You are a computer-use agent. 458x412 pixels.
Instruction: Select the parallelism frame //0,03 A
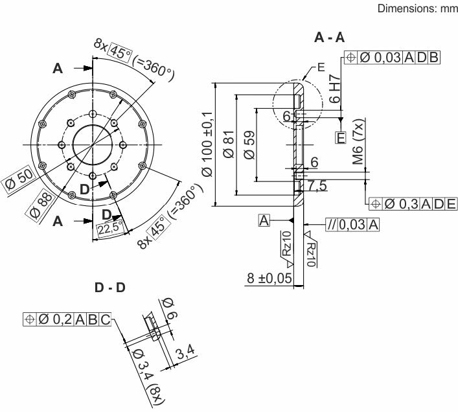click(352, 224)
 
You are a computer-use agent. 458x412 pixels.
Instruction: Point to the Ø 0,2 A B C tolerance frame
click(67, 319)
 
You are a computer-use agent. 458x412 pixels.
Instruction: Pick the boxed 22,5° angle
click(107, 228)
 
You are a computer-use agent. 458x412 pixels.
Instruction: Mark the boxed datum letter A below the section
click(264, 221)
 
